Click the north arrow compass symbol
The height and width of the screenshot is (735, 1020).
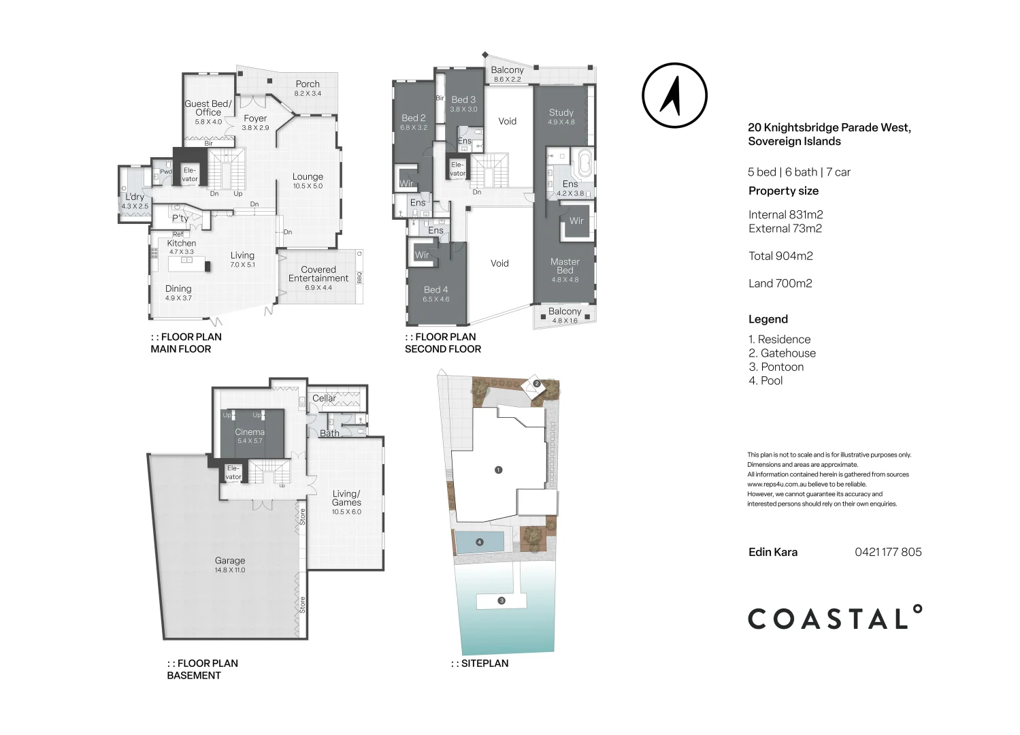674,96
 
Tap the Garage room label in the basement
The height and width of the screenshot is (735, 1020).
230,561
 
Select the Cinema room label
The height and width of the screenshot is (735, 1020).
250,432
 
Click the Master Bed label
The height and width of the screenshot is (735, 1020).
565,266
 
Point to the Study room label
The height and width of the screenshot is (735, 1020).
561,113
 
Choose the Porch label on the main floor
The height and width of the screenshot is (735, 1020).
308,84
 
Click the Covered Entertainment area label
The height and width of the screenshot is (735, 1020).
318,274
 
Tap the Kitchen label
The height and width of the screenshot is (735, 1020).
182,244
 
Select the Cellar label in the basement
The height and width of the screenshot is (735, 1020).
324,398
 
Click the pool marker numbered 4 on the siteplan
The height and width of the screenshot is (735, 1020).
480,542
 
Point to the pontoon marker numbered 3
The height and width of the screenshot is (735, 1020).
501,601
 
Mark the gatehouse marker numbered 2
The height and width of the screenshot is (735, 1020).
537,384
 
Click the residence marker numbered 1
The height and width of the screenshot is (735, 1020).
499,470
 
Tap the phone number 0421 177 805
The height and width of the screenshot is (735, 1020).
888,553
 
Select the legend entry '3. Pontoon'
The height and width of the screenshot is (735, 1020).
776,367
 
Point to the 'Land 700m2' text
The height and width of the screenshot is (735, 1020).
780,284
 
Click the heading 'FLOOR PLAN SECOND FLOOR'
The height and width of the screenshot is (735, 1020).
443,343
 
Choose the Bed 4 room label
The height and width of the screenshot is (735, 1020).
436,290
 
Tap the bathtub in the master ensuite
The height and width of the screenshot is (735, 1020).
584,164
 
